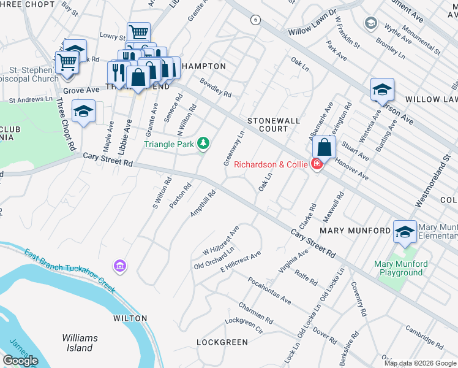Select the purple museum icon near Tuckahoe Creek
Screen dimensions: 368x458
coord(119,266)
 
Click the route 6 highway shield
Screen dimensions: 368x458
coord(255,20)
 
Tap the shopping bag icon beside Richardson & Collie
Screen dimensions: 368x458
coord(324,147)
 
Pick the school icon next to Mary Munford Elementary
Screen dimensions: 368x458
coord(405,231)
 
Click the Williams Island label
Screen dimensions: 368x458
coord(80,343)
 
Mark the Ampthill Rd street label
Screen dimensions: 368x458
coord(203,204)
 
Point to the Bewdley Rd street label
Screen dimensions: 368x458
coord(215,90)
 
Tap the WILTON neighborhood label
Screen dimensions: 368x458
coord(130,318)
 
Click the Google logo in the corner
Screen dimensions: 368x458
coord(20,361)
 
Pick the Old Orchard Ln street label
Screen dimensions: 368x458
coord(214,258)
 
